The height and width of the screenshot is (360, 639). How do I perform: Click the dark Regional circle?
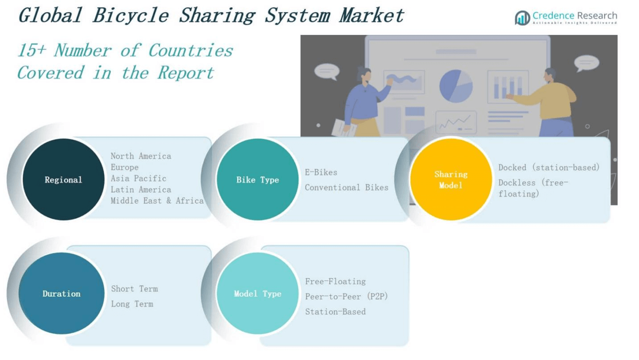click(63, 179)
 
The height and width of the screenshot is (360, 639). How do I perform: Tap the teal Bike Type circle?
click(257, 179)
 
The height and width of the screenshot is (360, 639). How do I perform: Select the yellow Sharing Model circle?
click(451, 179)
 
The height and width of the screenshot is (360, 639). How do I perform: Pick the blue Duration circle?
click(61, 293)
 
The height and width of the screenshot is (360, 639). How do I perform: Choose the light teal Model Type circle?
click(257, 293)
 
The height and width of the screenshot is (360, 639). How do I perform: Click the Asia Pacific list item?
click(138, 178)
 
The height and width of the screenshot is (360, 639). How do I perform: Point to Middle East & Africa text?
click(157, 201)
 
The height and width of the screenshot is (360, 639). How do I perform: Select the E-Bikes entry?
click(321, 172)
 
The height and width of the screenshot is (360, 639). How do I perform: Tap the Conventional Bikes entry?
click(346, 188)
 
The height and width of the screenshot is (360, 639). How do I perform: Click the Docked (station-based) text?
click(548, 167)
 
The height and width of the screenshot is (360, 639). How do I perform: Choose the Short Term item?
click(134, 289)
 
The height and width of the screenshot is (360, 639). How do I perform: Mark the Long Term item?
click(132, 304)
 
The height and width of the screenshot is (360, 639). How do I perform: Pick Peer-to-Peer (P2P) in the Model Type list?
click(346, 297)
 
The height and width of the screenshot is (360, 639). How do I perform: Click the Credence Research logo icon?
click(522, 18)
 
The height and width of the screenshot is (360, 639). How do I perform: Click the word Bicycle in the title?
click(130, 15)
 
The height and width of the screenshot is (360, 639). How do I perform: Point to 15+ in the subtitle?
click(32, 51)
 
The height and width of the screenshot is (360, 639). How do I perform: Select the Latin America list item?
click(141, 190)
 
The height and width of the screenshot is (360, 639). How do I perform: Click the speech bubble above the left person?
click(327, 71)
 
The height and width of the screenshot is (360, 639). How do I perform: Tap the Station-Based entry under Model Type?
click(335, 312)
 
